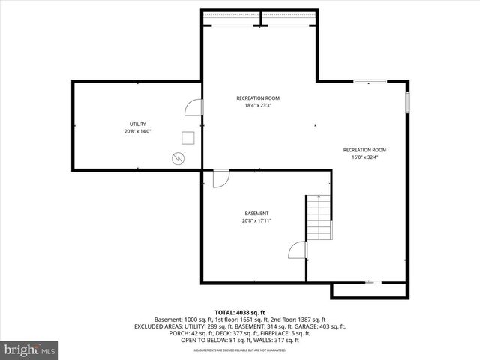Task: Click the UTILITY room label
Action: [137, 124]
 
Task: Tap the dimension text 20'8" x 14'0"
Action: [137, 131]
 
